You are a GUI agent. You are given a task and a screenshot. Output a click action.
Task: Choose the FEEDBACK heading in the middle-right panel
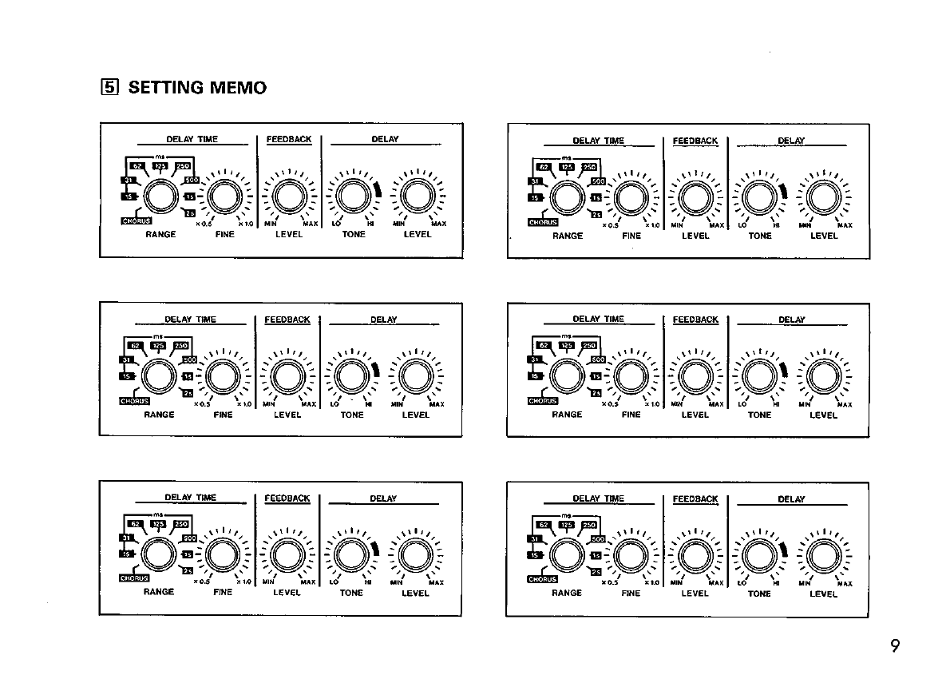695,320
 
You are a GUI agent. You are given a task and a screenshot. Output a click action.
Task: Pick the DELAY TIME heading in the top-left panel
192,139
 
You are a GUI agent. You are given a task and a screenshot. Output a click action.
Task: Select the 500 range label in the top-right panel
598,181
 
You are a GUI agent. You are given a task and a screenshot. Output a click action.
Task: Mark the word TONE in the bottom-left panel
351,594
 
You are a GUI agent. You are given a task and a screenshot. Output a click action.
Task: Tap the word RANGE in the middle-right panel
567,415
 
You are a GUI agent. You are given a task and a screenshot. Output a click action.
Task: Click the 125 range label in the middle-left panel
158,344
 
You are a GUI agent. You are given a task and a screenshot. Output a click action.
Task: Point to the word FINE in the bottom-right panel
631,594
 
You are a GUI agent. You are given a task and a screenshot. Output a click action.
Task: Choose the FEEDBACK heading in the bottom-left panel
287,498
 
